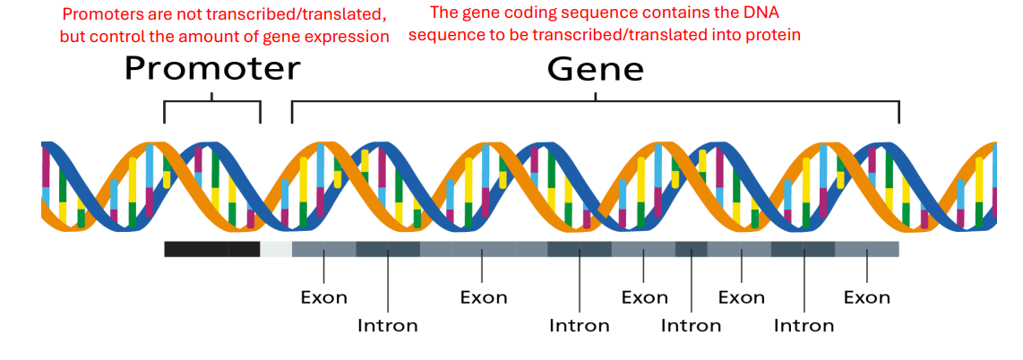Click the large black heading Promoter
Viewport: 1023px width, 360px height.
pos(212,68)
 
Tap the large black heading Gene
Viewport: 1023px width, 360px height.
pos(596,68)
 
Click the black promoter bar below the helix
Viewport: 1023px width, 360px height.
pos(211,249)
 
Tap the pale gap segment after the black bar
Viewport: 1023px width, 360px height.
pos(276,249)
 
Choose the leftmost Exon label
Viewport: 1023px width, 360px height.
pos(323,297)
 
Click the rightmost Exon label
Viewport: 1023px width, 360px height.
pos(867,297)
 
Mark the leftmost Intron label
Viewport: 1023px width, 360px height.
pos(388,325)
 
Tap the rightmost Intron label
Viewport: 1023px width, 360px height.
pos(804,325)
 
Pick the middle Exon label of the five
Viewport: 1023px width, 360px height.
pos(645,297)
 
